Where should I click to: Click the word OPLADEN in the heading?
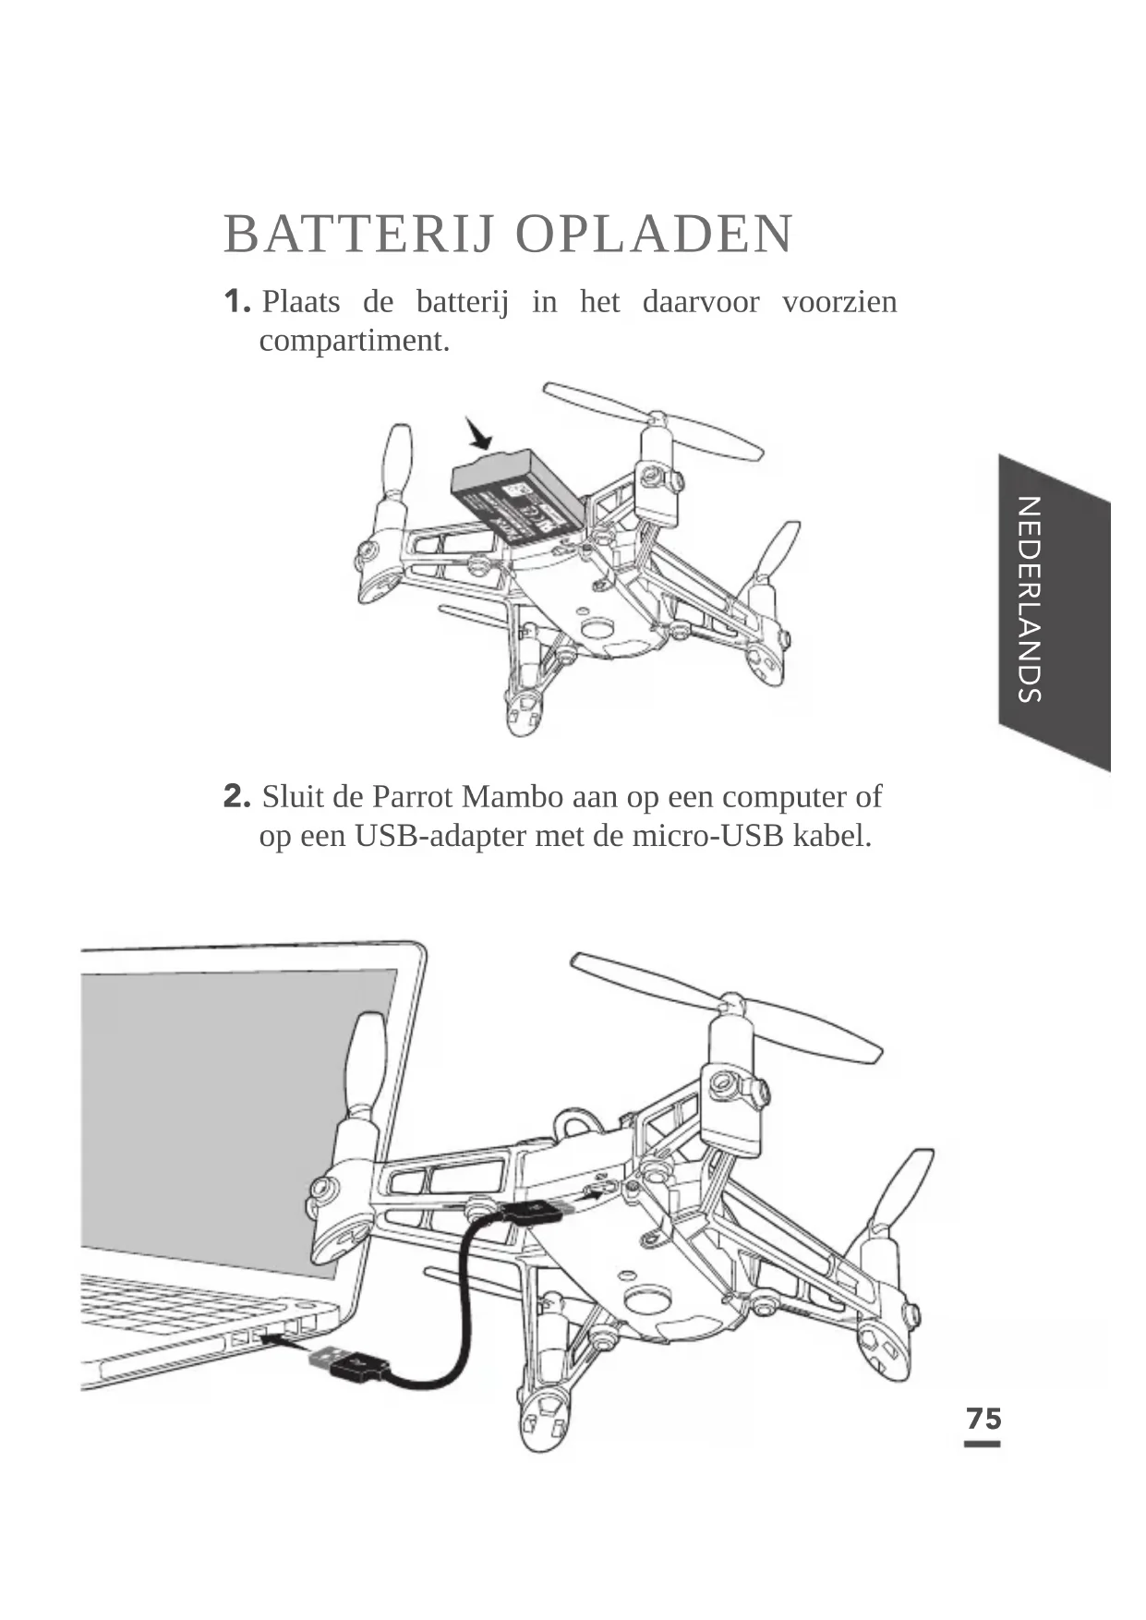(x=654, y=235)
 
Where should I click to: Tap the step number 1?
(x=236, y=301)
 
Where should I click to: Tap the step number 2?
(x=237, y=795)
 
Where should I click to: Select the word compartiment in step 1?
(x=354, y=341)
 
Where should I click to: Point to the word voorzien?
(x=838, y=302)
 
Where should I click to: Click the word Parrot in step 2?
(x=413, y=796)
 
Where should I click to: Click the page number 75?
(x=983, y=1419)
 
